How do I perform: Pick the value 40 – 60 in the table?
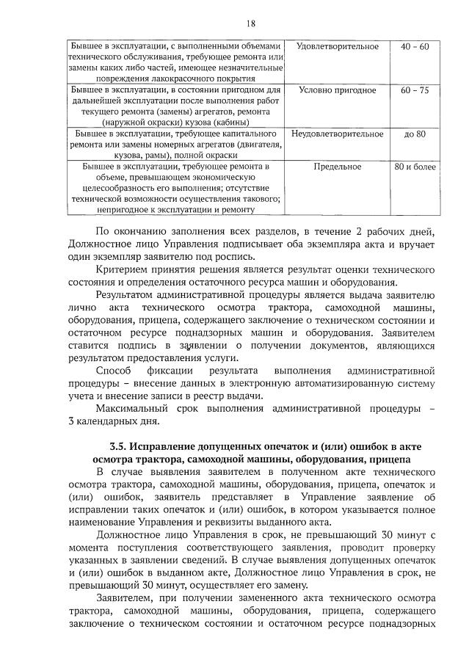tap(415, 47)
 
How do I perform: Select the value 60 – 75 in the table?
tap(415, 90)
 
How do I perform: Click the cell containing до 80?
tap(415, 134)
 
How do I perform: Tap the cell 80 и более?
tap(415, 167)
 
